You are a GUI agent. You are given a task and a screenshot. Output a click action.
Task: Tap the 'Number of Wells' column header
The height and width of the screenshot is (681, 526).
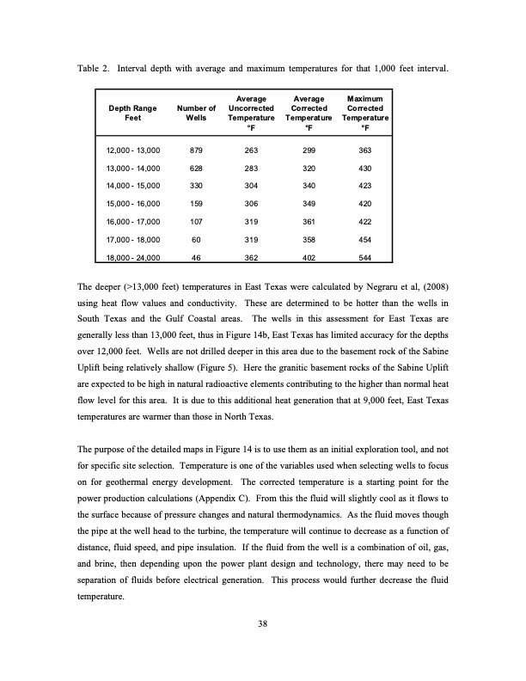pyautogui.click(x=196, y=113)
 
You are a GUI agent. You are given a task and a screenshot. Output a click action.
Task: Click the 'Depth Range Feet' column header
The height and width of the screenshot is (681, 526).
pyautogui.click(x=132, y=113)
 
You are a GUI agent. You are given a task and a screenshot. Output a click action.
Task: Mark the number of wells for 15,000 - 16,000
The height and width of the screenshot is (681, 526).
pyautogui.click(x=196, y=204)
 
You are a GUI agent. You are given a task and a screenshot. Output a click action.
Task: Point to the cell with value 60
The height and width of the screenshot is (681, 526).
pyautogui.click(x=196, y=239)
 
